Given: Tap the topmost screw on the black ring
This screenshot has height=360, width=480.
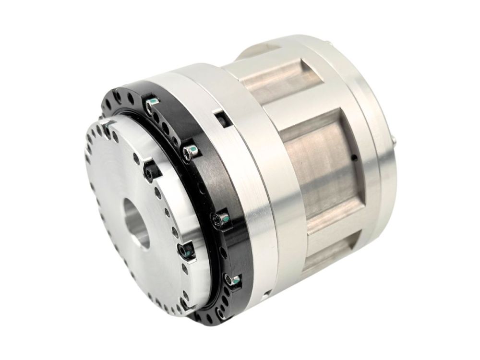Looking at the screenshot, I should click(x=152, y=102).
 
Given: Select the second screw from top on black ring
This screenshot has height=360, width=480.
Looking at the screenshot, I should click(x=190, y=152).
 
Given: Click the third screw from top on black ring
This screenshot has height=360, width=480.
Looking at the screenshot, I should click(x=222, y=219).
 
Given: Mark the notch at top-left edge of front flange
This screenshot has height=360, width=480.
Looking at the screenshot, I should click(x=107, y=125).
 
